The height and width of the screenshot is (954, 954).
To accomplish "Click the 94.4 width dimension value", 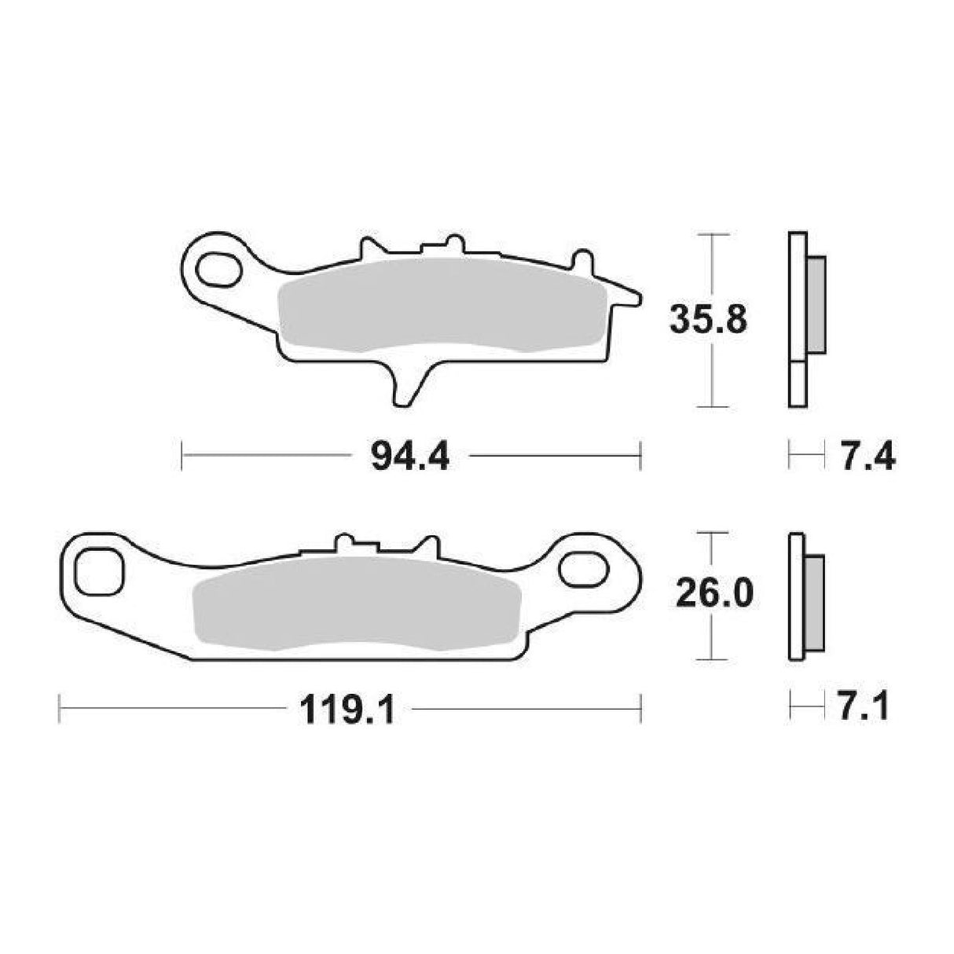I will (409, 456).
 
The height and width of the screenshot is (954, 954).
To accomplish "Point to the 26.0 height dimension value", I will (714, 595).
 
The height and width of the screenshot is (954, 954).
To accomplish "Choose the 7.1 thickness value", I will (862, 707).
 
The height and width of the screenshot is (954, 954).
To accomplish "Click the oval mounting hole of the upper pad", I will (219, 269).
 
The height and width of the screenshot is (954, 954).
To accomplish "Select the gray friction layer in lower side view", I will (816, 603).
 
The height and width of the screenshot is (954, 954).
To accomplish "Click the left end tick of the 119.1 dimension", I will (61, 708).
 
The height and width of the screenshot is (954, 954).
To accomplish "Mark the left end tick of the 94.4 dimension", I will (182, 456).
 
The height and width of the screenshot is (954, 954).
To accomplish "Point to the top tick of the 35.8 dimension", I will (711, 235).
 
